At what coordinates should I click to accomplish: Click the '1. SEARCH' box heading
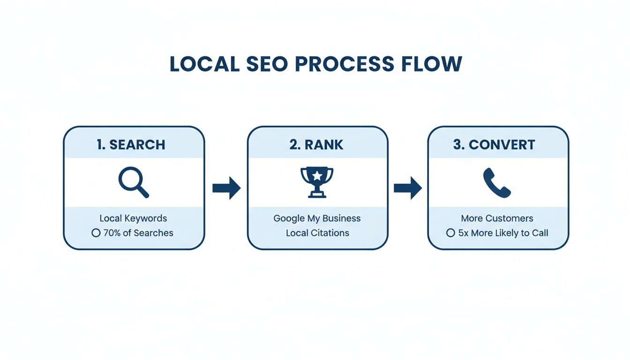click(x=131, y=145)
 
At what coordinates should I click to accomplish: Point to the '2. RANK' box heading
click(x=316, y=145)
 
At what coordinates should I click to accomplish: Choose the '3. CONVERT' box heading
click(x=494, y=145)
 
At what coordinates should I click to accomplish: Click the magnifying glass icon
click(x=133, y=183)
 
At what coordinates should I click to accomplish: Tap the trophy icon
click(x=317, y=182)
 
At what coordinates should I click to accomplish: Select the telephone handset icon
click(x=496, y=183)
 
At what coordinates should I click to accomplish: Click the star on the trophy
click(x=317, y=176)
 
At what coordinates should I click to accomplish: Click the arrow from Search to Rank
click(x=226, y=188)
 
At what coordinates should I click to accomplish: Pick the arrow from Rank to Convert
click(x=407, y=188)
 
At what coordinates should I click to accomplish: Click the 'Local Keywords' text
click(x=133, y=218)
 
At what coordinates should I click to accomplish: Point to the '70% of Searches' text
click(x=138, y=233)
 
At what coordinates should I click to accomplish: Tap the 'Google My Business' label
click(x=317, y=218)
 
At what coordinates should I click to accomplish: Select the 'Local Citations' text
click(x=317, y=233)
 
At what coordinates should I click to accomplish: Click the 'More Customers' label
click(x=497, y=218)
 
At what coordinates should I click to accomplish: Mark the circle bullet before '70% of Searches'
click(x=96, y=233)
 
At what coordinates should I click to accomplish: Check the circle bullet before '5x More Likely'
click(x=450, y=233)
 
